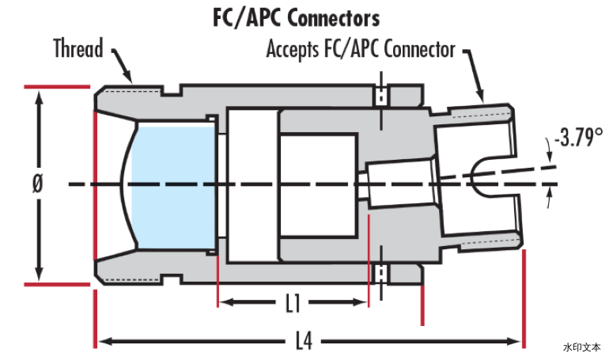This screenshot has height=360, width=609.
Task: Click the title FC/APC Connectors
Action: [x=297, y=18]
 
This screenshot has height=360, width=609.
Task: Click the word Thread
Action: [x=78, y=48]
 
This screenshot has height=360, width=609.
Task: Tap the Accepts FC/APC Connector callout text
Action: [x=361, y=49]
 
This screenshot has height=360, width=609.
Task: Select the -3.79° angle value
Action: [x=579, y=137]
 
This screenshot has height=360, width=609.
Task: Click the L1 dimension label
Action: [x=293, y=303]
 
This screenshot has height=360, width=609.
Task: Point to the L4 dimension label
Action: [x=304, y=342]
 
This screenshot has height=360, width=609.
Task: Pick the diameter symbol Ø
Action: [x=37, y=184]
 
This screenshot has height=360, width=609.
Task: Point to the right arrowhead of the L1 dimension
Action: [x=360, y=302]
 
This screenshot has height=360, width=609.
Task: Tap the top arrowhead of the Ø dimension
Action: [x=39, y=98]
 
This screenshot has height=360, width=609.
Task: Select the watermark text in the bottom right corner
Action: [x=581, y=347]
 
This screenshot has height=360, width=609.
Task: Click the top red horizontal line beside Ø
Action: [x=57, y=86]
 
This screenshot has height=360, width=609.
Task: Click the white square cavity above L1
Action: [x=318, y=185]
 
